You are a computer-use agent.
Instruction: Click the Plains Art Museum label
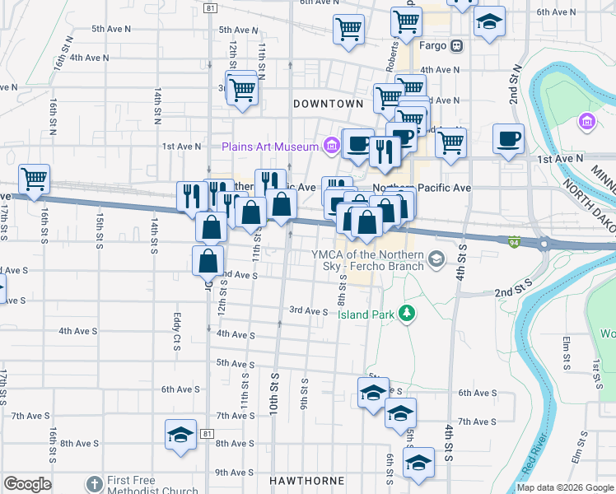(269, 147)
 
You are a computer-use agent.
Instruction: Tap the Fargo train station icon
(456, 46)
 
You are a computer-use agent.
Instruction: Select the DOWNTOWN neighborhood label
(328, 104)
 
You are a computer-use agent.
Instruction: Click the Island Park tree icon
(405, 312)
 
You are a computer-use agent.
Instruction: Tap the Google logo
(26, 484)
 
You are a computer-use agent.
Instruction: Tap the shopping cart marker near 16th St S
(34, 179)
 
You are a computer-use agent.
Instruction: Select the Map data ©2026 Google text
(565, 487)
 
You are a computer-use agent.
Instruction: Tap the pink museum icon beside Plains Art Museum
(330, 147)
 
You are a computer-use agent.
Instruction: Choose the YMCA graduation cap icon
(436, 260)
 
